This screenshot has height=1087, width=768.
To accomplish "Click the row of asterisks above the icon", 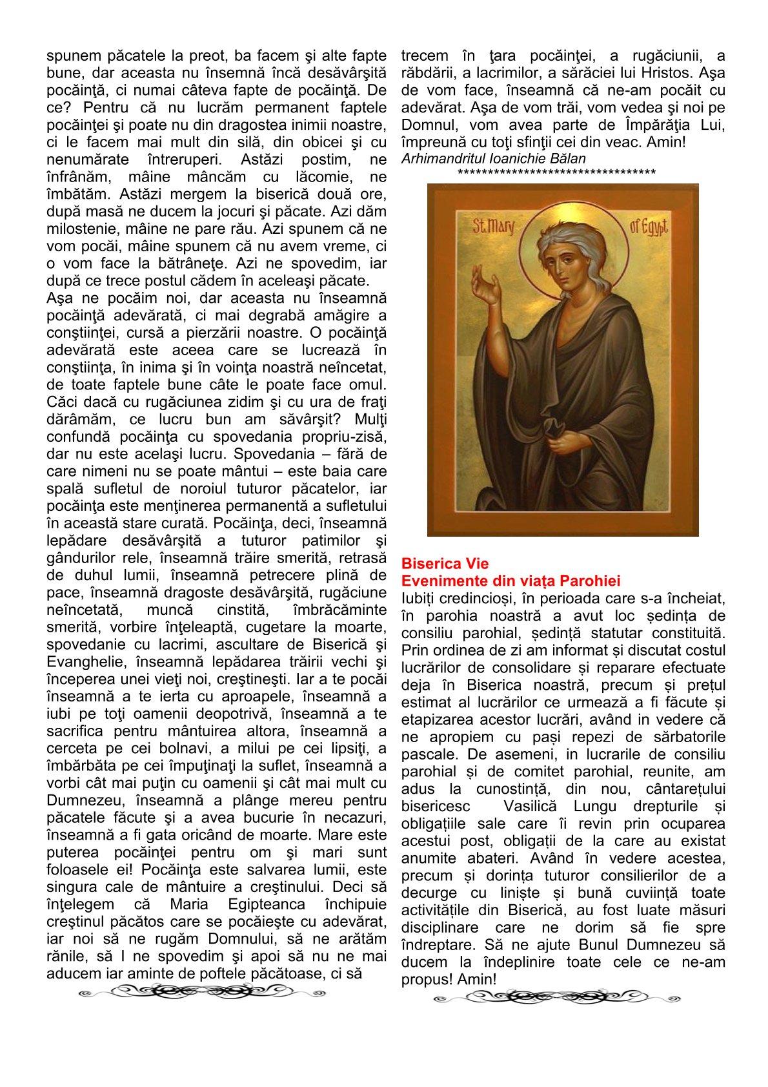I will coord(556,172).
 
